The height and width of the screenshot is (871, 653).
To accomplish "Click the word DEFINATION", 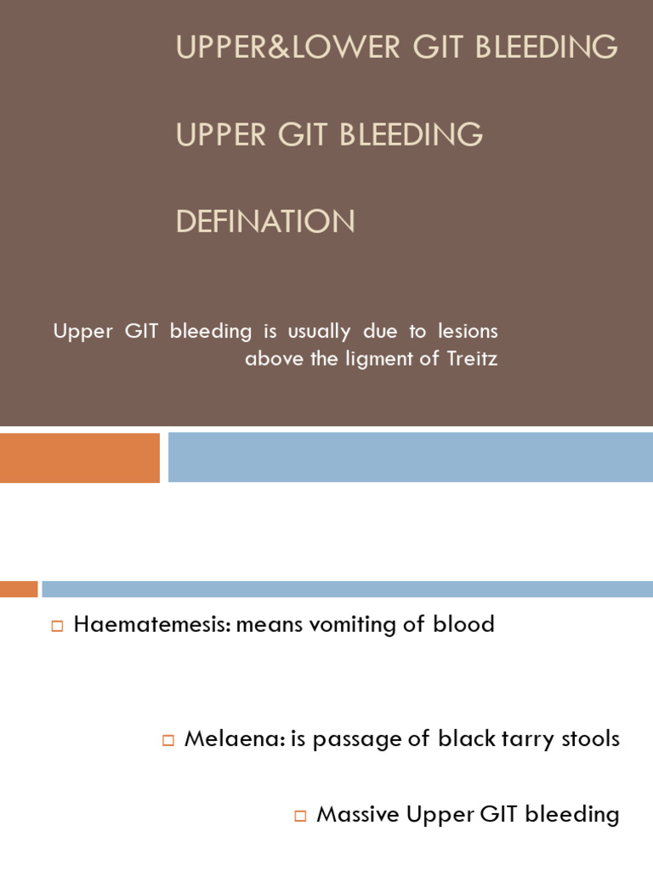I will click(265, 222).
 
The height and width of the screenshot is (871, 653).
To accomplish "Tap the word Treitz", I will click(472, 359).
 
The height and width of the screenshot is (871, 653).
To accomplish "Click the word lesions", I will click(468, 331).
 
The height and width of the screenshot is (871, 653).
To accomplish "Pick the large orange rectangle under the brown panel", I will click(80, 458).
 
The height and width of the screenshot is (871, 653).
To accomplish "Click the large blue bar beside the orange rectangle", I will click(410, 458).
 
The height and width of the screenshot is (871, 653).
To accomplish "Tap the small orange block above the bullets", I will click(19, 589).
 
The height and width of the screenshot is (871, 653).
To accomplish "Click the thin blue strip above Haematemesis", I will click(347, 589).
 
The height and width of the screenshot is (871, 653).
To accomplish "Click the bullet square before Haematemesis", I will click(58, 627).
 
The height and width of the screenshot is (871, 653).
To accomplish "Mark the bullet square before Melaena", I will click(168, 740).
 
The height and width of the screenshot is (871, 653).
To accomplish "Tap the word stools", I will click(591, 738).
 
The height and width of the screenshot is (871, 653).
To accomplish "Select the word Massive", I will click(357, 814).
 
